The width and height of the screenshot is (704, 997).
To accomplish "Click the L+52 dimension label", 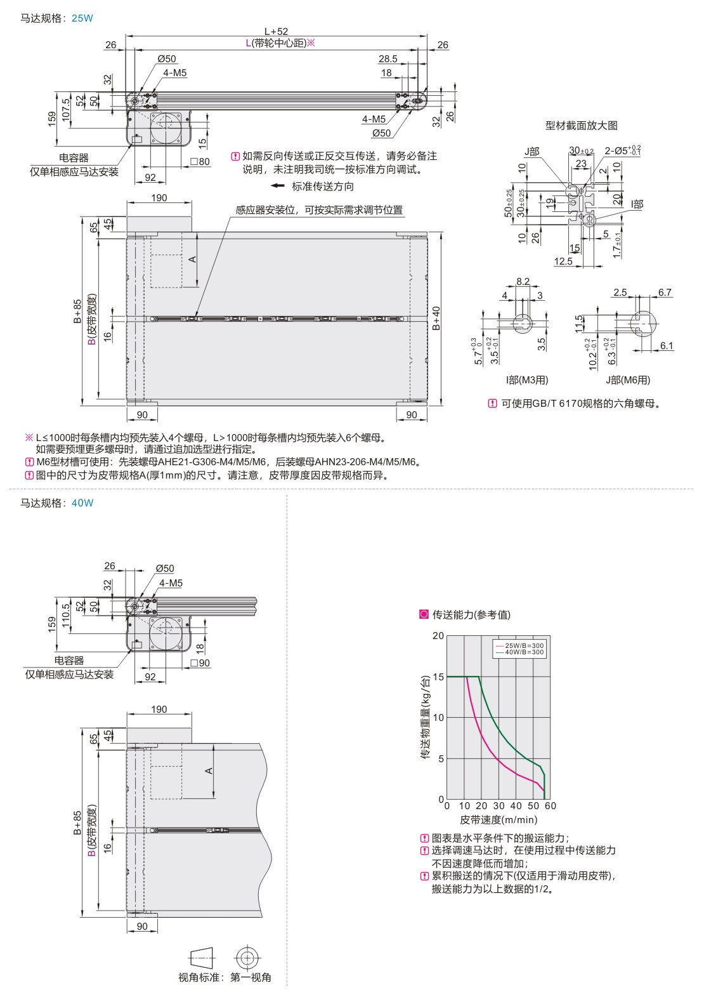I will (276, 31).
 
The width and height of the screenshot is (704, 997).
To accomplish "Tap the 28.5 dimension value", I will (388, 59).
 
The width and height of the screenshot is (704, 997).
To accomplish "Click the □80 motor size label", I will (200, 161).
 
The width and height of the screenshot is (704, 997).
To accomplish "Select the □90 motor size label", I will (200, 663).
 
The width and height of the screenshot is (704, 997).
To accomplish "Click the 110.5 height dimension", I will (66, 614).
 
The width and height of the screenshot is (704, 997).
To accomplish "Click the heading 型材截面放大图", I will (581, 125).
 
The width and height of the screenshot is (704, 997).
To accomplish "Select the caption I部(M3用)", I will (526, 380).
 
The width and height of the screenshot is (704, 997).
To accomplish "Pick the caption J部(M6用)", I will (627, 380).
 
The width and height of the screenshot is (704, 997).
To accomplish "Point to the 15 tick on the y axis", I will (438, 677).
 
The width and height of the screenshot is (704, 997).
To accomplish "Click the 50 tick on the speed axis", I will (533, 806).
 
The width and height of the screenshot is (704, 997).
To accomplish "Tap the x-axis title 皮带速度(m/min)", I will (498, 820).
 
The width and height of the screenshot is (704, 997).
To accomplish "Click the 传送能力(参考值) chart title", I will (471, 614).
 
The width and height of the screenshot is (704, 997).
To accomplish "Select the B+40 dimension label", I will (436, 318).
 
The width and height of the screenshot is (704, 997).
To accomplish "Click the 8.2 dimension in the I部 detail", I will (523, 282).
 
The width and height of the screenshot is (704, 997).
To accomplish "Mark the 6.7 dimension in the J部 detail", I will (665, 293).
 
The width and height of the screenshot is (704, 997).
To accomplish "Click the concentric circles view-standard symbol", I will (249, 958).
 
